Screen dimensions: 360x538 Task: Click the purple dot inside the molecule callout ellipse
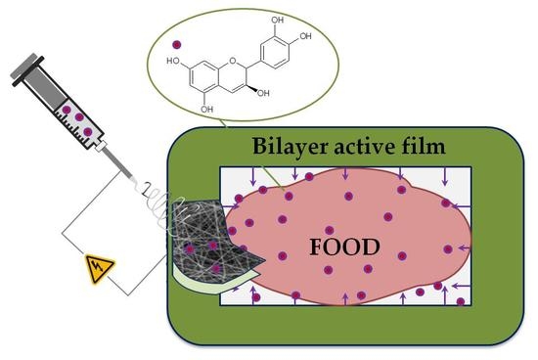177,45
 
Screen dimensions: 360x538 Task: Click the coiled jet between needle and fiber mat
166,191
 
